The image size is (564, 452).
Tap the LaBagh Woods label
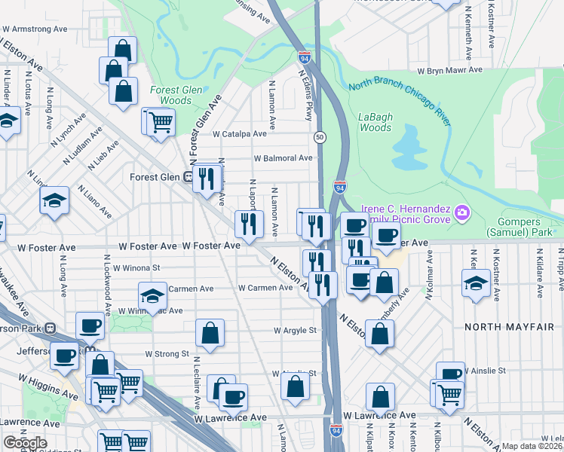click(375, 122)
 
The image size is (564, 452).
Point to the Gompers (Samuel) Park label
click(529, 227)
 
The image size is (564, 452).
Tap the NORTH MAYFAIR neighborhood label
click(504, 326)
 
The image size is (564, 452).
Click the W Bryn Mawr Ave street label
click(450, 70)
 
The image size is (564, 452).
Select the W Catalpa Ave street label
click(240, 133)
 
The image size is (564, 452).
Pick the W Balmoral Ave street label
click(283, 158)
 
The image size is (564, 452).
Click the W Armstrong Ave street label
click(35, 29)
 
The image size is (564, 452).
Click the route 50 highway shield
click(320, 137)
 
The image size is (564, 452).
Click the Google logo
click(25, 443)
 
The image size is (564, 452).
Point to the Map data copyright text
click(532, 446)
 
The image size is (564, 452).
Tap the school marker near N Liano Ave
click(54, 200)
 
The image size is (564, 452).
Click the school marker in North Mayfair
click(476, 284)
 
